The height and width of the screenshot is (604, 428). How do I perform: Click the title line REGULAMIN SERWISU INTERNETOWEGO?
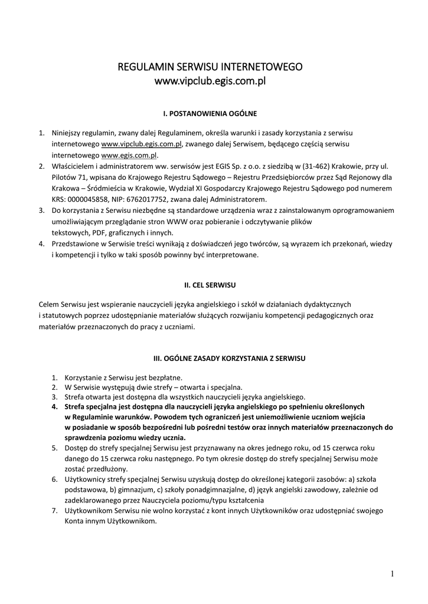pos(210,67)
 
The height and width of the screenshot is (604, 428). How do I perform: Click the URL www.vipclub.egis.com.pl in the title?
pos(210,81)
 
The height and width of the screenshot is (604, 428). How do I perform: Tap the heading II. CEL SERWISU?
pos(210,285)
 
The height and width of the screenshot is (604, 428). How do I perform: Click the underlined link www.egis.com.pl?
pos(130,155)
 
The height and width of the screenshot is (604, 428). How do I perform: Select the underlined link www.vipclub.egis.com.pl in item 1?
pos(141,143)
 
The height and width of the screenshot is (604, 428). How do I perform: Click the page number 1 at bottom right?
pos(392,573)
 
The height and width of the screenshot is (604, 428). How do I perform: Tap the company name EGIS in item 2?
pos(214,166)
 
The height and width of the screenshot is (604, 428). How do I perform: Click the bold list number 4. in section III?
pos(54,407)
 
